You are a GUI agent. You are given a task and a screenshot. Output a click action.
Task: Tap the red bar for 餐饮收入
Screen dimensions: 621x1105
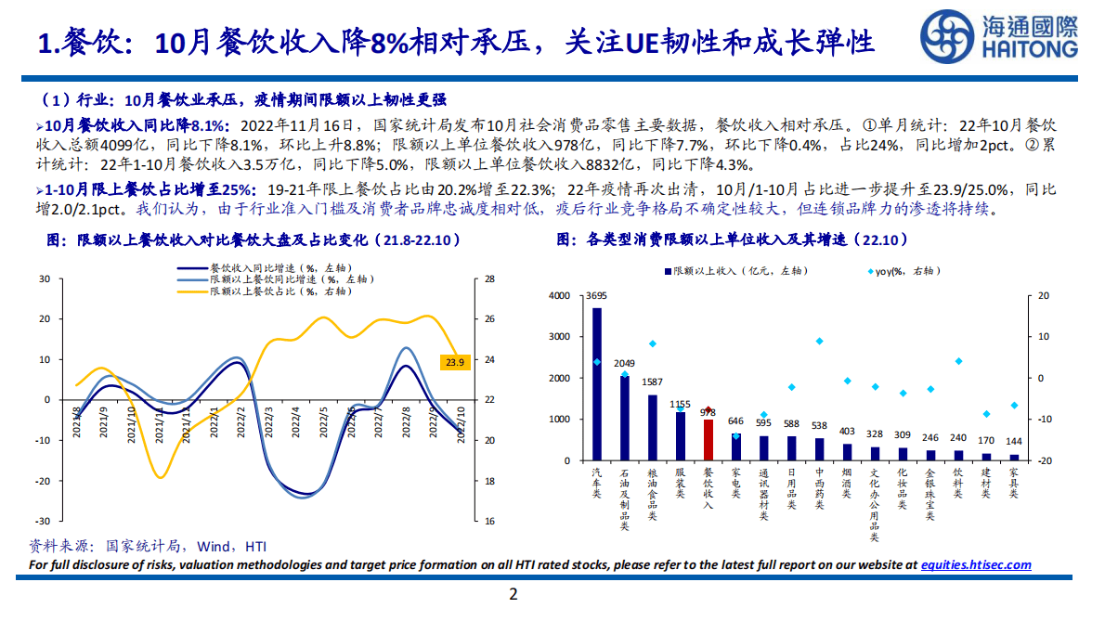click(x=708, y=440)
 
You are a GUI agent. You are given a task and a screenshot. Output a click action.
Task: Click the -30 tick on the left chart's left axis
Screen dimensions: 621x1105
click(x=44, y=522)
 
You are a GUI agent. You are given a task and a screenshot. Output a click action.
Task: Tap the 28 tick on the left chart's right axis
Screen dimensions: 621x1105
click(x=489, y=278)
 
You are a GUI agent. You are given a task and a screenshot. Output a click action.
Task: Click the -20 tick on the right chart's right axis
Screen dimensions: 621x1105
click(x=1043, y=460)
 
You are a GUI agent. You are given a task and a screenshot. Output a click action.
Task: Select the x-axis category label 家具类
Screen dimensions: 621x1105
click(x=1014, y=483)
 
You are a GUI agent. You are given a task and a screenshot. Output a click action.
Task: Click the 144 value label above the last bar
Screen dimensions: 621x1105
click(x=1014, y=443)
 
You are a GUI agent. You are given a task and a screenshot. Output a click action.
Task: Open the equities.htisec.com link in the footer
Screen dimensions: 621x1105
click(x=975, y=564)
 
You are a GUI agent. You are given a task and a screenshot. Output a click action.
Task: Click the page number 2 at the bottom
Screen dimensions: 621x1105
click(x=512, y=594)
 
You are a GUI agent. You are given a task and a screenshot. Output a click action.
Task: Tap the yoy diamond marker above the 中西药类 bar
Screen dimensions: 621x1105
click(x=819, y=341)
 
